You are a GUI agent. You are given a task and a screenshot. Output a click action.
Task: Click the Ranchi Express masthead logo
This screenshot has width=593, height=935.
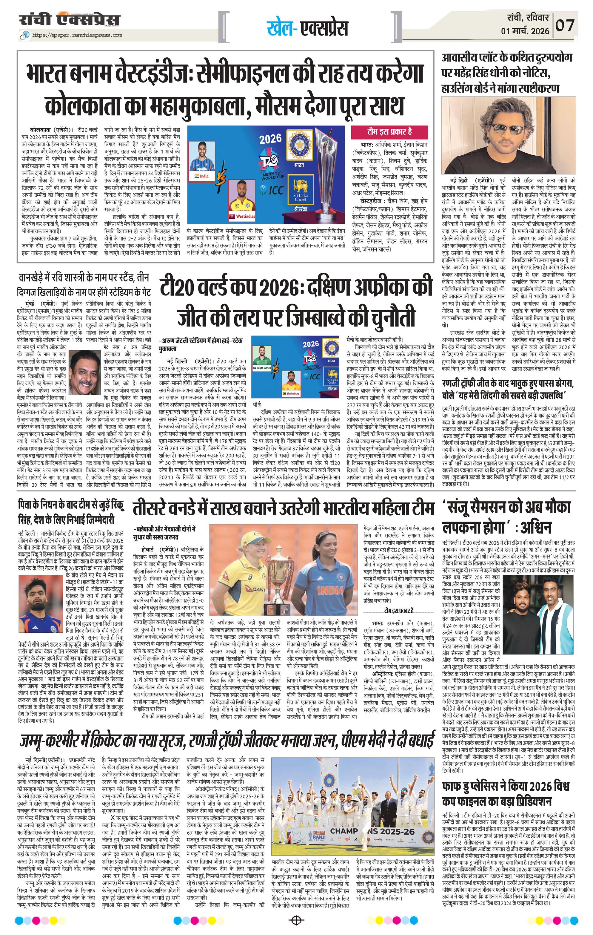pyautogui.click(x=70, y=20)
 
